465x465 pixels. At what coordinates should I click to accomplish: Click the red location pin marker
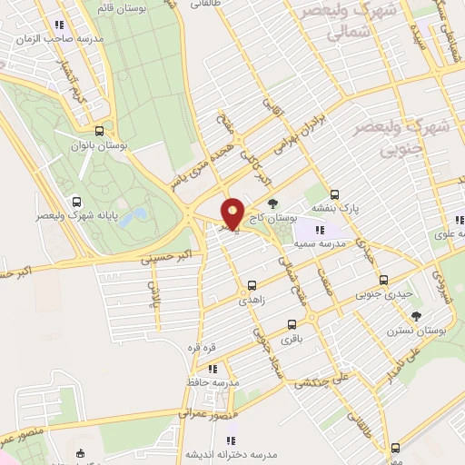click(x=232, y=213)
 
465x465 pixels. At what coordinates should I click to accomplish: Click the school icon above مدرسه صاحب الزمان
click(x=60, y=25)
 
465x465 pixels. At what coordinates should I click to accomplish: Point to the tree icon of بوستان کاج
click(x=274, y=204)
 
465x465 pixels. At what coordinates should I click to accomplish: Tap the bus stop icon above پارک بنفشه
click(x=335, y=194)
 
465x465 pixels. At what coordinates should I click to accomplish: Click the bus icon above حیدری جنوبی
click(x=383, y=281)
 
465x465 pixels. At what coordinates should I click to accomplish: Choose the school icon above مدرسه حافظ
click(x=213, y=369)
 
